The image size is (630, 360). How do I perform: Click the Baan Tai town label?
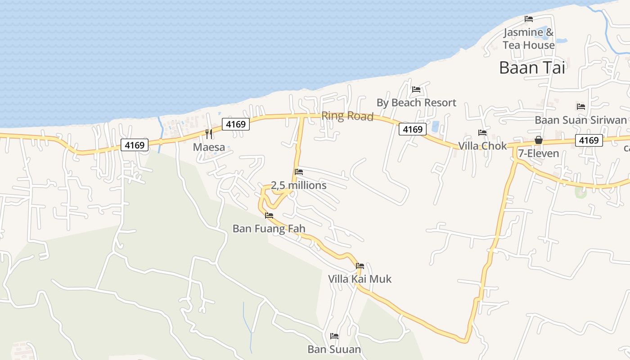(x=532, y=68)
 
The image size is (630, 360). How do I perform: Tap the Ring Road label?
(x=347, y=117)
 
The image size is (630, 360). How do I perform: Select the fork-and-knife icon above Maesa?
(x=209, y=134)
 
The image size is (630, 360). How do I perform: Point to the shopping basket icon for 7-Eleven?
(x=538, y=140)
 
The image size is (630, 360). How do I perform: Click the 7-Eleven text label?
(x=538, y=153)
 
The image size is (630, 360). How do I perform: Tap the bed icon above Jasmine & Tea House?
(x=529, y=19)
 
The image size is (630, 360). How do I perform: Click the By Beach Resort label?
(x=416, y=103)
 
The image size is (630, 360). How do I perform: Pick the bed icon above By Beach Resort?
(x=416, y=90)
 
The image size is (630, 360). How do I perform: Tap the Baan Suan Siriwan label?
(x=580, y=120)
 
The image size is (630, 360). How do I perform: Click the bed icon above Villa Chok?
(x=482, y=133)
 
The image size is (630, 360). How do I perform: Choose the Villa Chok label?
(x=482, y=146)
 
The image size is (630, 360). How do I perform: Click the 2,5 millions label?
(x=298, y=185)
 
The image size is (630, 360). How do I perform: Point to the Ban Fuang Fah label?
(x=269, y=229)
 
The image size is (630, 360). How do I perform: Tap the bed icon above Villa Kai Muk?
(x=360, y=266)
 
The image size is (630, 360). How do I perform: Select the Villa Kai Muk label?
(x=360, y=279)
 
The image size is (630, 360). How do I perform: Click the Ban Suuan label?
(x=334, y=349)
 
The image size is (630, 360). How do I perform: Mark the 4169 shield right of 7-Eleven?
(x=589, y=140)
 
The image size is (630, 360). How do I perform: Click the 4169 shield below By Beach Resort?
(x=413, y=130)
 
